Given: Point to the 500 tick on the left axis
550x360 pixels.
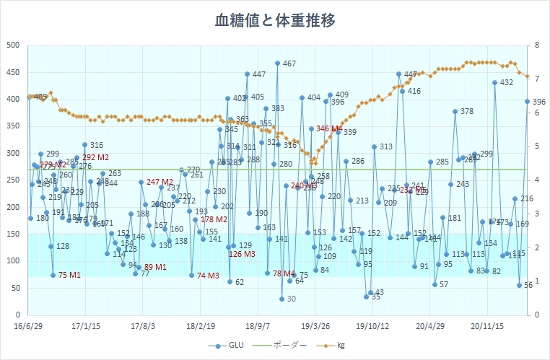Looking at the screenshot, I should (12, 45).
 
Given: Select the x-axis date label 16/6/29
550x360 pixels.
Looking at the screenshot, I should (29, 325).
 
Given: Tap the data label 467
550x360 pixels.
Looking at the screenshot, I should (289, 64).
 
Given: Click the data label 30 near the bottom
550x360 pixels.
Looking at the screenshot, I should (291, 299).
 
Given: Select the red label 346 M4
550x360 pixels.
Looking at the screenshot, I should (328, 129).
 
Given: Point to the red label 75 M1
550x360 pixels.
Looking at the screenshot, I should (69, 275).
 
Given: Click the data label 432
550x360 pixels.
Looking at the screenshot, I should (506, 83).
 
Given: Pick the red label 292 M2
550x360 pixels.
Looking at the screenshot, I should (95, 157).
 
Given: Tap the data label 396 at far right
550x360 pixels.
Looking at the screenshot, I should (538, 102).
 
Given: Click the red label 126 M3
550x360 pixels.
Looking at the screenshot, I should (242, 255).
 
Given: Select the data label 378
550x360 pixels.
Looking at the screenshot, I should (466, 111).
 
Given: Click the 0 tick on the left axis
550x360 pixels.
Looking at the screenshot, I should (16, 315).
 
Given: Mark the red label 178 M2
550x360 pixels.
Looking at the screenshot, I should (214, 219).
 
